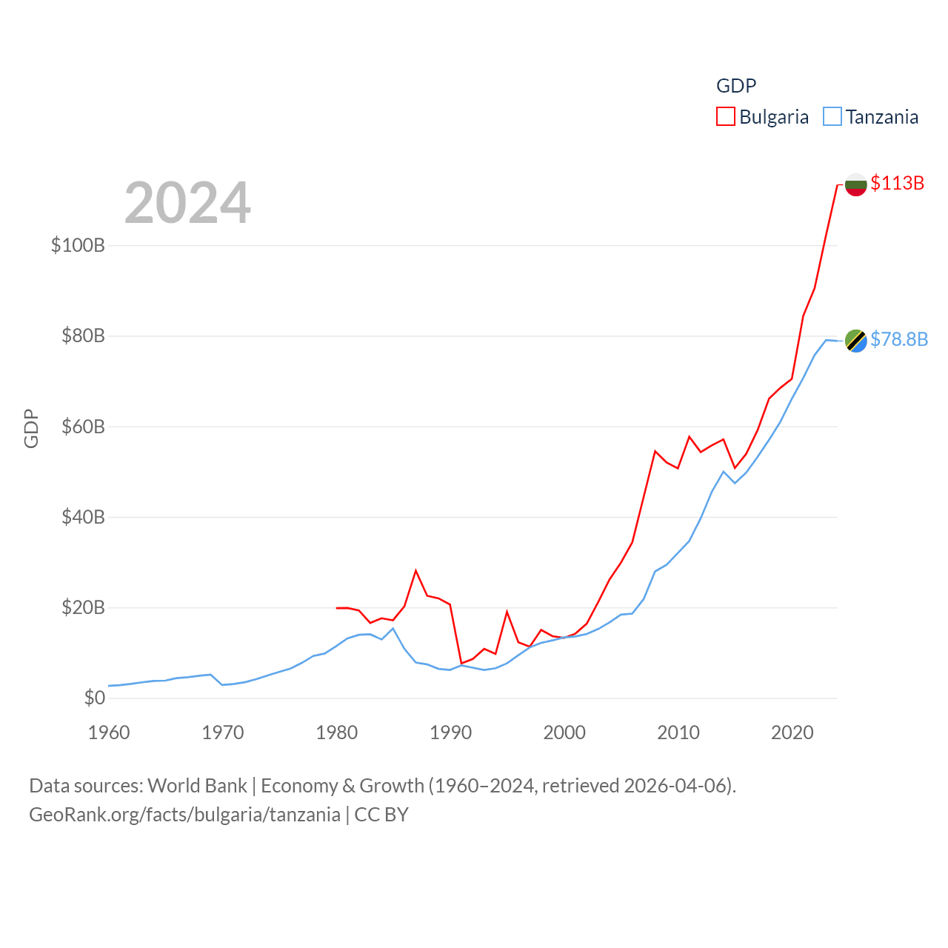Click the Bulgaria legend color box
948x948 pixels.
(x=725, y=117)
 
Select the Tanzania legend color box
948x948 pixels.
(x=832, y=117)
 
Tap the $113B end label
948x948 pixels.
(x=897, y=183)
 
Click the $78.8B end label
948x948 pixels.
(x=898, y=339)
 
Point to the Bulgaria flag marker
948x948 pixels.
(x=855, y=184)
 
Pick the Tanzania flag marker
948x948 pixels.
(x=855, y=341)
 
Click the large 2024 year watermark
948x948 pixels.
(x=187, y=203)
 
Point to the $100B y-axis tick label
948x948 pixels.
(x=78, y=245)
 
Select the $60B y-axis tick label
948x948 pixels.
(x=83, y=427)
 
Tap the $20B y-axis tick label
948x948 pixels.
(x=83, y=608)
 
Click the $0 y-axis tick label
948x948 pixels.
(x=94, y=698)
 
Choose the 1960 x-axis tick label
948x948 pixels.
(x=109, y=732)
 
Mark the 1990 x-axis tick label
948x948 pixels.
(x=450, y=732)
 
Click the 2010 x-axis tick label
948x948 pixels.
(x=678, y=732)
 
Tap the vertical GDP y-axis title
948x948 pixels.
(x=31, y=428)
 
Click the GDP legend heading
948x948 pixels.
(x=736, y=86)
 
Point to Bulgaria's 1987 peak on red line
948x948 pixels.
(x=416, y=570)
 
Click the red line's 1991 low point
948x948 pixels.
(x=461, y=663)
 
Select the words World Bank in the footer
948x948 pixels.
(x=197, y=785)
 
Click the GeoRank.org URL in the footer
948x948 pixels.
(x=184, y=815)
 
